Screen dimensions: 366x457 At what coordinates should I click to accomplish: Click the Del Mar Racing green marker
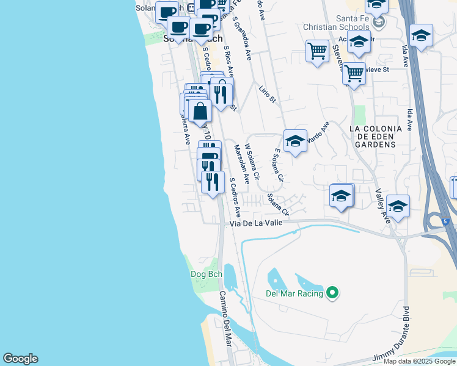[332, 293]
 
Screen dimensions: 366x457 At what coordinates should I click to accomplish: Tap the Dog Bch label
[207, 274]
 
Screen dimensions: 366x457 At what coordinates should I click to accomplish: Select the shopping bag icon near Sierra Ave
[200, 111]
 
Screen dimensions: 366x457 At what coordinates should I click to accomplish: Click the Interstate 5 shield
[446, 220]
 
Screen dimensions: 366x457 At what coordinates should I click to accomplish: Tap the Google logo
[20, 359]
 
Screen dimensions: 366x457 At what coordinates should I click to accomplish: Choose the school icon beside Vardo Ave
[295, 141]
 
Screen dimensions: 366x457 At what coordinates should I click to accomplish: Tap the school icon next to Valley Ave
[398, 206]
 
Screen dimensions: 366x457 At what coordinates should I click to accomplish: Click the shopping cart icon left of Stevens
[317, 51]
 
